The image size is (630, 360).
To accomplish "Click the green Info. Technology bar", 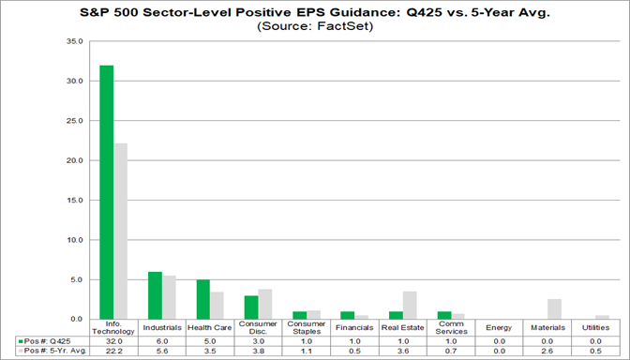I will tap(106, 192).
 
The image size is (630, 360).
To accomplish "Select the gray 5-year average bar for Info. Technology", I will tap(120, 231).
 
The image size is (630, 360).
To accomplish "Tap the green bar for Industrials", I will tap(155, 295).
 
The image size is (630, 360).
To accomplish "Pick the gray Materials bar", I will tap(554, 309).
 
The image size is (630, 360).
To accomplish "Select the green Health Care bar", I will tap(202, 299).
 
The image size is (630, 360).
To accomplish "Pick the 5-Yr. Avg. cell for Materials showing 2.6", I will tap(547, 352).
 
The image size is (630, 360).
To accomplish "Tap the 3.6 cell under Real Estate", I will tap(402, 352).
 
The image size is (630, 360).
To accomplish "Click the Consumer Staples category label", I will tap(306, 328).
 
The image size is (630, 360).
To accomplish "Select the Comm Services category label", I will tap(451, 328).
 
